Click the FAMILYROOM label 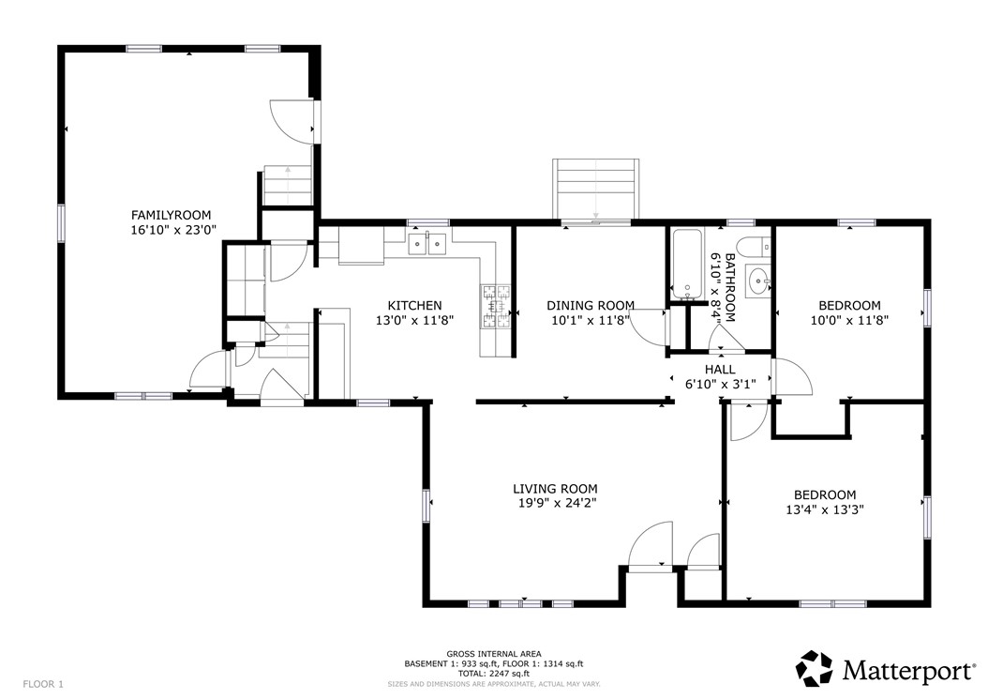(x=171, y=215)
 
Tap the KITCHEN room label (x=414, y=305)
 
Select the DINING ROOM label (x=591, y=305)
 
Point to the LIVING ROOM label (x=555, y=488)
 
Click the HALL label (x=720, y=369)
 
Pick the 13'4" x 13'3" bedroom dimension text (x=825, y=509)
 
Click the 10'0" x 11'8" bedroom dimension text (x=849, y=321)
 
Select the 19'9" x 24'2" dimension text (x=555, y=504)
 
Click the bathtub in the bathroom (x=687, y=264)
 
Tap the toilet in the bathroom (x=755, y=247)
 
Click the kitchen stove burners (x=496, y=307)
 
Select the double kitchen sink (x=427, y=244)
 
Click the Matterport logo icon (x=814, y=669)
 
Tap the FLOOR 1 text (x=43, y=684)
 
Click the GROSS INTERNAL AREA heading (x=494, y=654)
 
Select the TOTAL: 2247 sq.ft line (x=494, y=673)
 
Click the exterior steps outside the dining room (x=595, y=190)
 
